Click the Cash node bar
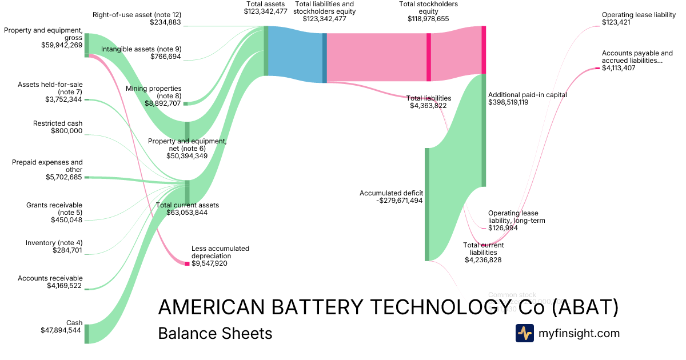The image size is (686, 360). click(x=87, y=334)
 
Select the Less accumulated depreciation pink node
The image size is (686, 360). click(x=187, y=263)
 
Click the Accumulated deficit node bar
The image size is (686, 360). click(x=426, y=204)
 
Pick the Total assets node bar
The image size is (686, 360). click(x=266, y=51)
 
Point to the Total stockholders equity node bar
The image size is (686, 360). click(x=429, y=57)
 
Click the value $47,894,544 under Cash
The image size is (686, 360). click(x=61, y=330)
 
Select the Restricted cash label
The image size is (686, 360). click(x=58, y=123)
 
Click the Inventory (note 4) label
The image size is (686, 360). click(x=54, y=243)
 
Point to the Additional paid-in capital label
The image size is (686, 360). click(x=525, y=95)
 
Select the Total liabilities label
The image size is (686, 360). click(x=429, y=98)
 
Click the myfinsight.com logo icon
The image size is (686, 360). click(x=524, y=333)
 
